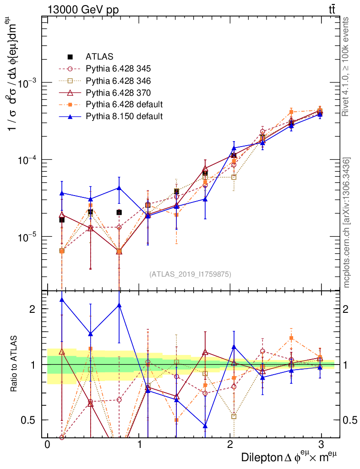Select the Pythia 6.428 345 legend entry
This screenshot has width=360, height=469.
118,69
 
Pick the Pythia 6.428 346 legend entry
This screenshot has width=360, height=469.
118,81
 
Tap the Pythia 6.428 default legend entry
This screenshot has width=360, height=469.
124,104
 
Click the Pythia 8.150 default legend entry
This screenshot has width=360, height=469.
124,116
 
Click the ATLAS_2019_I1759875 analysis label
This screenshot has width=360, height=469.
190,274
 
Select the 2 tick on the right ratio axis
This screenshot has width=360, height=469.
348,309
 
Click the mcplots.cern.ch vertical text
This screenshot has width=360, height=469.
347,223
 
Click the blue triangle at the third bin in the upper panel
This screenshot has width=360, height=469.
119,188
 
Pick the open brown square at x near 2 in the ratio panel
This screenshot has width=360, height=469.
234,416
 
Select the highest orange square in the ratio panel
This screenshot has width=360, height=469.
291,338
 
